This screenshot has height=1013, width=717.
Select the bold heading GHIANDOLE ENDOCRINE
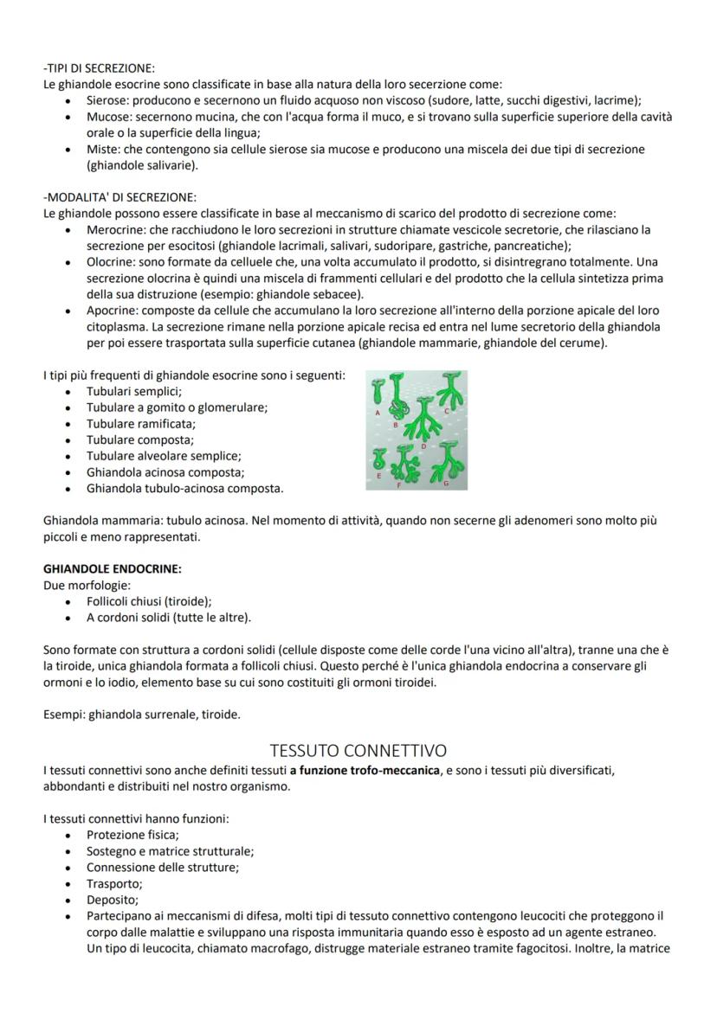[x=113, y=568]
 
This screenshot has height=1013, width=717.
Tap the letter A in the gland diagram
[x=378, y=414]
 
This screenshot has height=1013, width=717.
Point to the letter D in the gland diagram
[x=423, y=446]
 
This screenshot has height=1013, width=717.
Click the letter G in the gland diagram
[x=446, y=483]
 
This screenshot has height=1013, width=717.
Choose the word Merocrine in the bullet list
[x=115, y=229]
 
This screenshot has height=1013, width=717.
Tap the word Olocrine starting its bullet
[x=112, y=260]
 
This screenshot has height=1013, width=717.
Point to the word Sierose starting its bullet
[x=107, y=100]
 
